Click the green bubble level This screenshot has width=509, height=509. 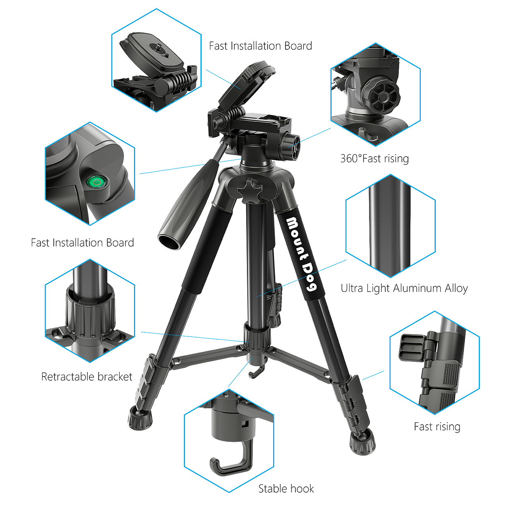coord(97,182)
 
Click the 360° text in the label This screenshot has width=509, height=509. coord(351,159)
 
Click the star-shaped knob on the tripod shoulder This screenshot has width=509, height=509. coord(250,190)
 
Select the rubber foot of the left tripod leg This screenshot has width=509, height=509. coord(140,418)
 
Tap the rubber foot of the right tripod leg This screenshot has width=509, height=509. coord(362,441)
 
